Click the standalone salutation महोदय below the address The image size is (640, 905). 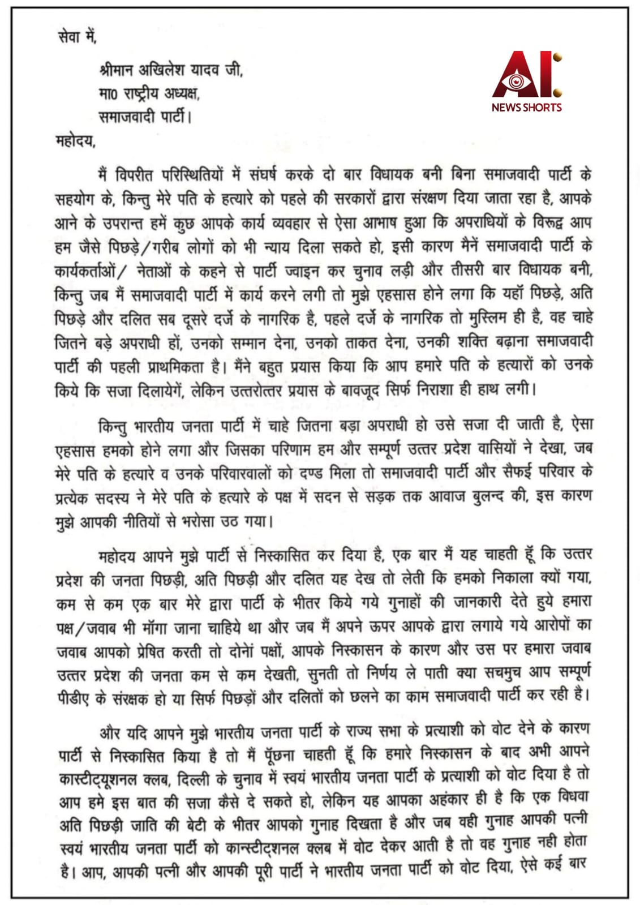click(75, 140)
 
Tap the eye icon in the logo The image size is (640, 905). click(516, 81)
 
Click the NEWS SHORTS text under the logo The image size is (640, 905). click(526, 107)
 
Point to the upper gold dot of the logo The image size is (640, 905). click(557, 58)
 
